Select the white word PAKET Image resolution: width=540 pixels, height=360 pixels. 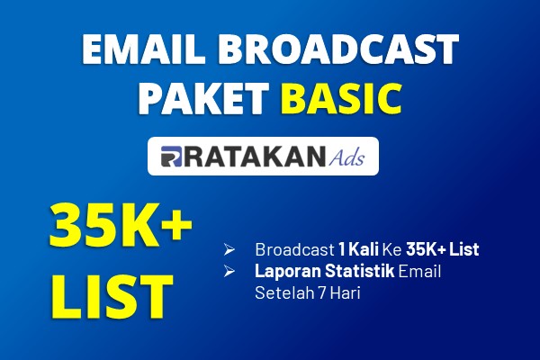point(203,98)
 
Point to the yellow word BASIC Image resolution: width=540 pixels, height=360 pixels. point(344,98)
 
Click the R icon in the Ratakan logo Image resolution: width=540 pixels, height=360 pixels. point(171,157)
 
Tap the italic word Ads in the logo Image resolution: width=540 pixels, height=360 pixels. point(346,157)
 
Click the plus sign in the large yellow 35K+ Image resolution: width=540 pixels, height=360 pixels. point(176,225)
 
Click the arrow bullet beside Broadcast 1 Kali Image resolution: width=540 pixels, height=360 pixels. point(229,249)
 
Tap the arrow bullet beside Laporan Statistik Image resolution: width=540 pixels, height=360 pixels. point(229,271)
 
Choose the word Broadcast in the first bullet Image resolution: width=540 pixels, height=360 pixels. point(295,249)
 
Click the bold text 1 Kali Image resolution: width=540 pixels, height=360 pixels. point(358,249)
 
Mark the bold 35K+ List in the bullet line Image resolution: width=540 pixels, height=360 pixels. point(443,249)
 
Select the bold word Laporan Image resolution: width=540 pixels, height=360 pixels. point(288,271)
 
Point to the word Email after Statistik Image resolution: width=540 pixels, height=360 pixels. point(419,271)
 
